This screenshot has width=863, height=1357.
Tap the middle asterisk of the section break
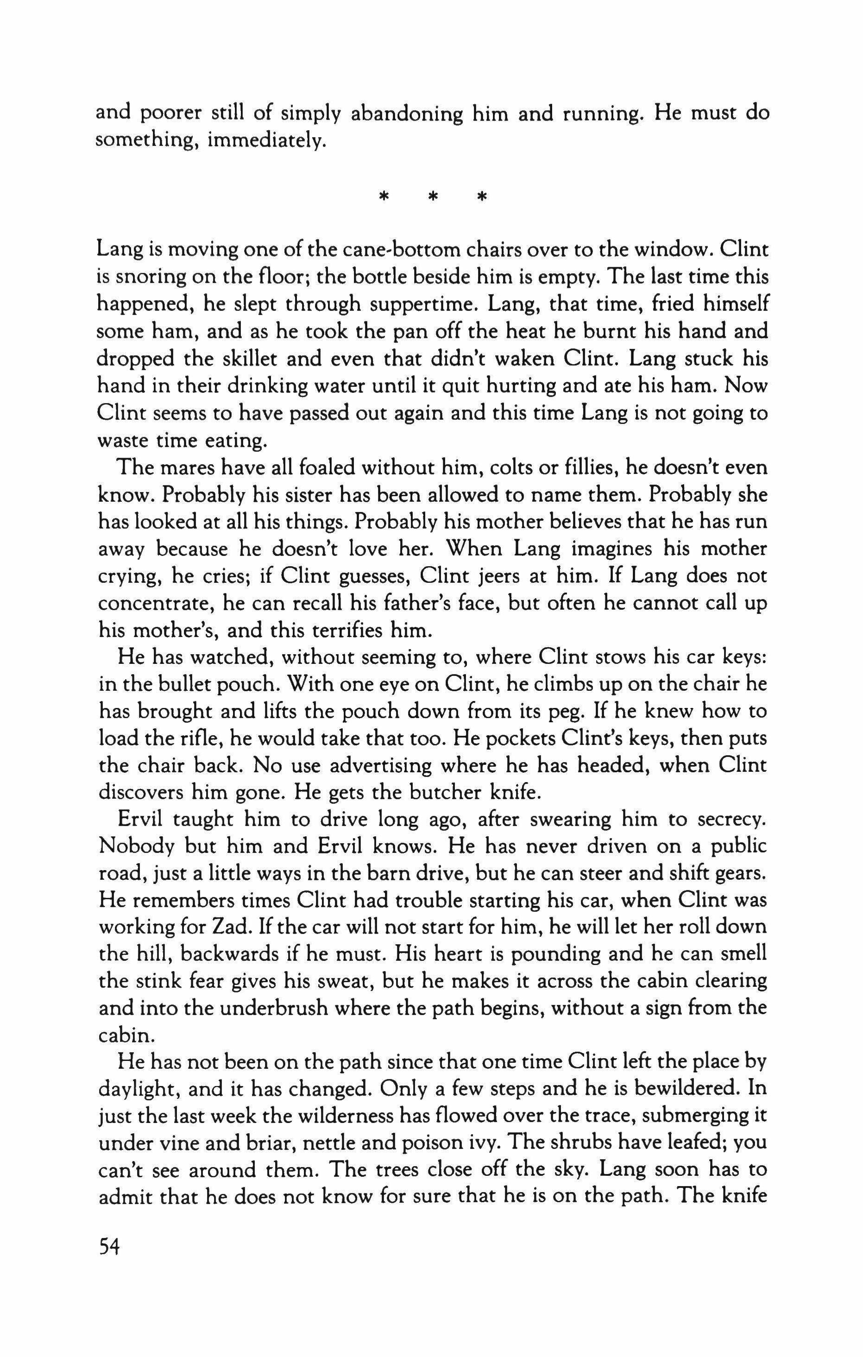433,198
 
